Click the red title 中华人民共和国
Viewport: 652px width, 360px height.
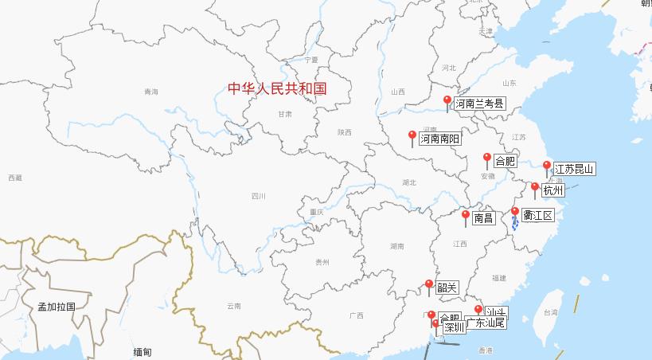(277, 88)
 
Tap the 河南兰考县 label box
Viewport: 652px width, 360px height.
(479, 104)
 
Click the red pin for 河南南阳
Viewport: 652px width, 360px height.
(412, 136)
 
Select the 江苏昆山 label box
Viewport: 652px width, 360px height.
(574, 169)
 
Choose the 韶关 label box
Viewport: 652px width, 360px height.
(447, 287)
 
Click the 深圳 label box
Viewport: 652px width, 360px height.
(453, 327)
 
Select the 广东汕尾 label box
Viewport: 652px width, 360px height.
(486, 323)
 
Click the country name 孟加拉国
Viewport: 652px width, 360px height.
(56, 306)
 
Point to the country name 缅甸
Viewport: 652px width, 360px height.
(143, 351)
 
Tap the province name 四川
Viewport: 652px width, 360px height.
(258, 196)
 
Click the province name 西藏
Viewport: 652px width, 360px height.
(14, 178)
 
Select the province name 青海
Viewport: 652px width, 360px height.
(151, 92)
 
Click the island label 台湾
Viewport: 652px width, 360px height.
(550, 313)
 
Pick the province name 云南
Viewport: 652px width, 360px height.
(233, 306)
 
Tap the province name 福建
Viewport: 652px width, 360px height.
(499, 278)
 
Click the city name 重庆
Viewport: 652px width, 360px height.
(317, 212)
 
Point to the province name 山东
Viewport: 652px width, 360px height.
(509, 83)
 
